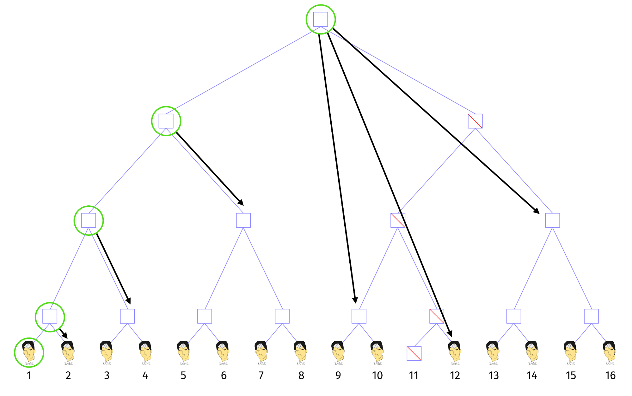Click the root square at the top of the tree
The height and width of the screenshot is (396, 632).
click(x=320, y=19)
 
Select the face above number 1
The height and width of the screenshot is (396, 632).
click(x=29, y=351)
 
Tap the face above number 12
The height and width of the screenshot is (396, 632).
click(x=455, y=351)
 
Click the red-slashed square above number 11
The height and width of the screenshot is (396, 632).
click(x=414, y=353)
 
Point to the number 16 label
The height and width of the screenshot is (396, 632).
click(x=610, y=375)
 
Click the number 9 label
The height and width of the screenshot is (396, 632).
click(x=338, y=375)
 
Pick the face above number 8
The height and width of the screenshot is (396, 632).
click(x=300, y=351)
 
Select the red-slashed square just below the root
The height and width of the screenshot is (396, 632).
click(x=475, y=121)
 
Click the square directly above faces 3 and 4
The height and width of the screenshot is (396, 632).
click(x=127, y=316)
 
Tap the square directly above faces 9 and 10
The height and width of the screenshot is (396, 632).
click(x=359, y=316)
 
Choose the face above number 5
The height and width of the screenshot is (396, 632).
click(x=184, y=351)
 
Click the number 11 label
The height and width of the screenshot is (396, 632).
click(x=414, y=375)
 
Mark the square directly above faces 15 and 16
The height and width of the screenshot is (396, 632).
click(x=591, y=316)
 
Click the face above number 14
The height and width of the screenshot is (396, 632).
click(x=532, y=351)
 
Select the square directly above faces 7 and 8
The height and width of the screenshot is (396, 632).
click(x=282, y=316)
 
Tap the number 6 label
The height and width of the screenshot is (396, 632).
click(x=224, y=375)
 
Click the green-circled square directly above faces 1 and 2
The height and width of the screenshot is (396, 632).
click(x=50, y=316)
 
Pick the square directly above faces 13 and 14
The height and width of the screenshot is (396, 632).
click(x=514, y=316)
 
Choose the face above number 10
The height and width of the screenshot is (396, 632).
click(x=377, y=351)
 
